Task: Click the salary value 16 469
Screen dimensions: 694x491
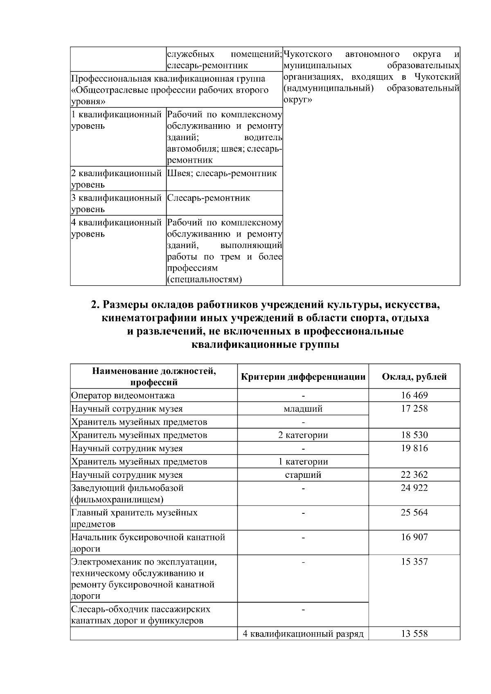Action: click(x=414, y=395)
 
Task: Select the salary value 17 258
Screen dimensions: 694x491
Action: click(x=414, y=408)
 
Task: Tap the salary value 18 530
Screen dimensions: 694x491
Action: click(x=414, y=435)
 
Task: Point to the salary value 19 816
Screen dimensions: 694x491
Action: click(x=414, y=448)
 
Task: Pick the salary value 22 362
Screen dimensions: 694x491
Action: click(x=414, y=475)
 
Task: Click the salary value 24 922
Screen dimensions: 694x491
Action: click(x=414, y=488)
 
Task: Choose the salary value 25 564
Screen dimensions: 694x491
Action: click(x=414, y=513)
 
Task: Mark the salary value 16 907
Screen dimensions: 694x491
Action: click(x=414, y=537)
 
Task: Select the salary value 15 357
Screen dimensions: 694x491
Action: click(x=414, y=562)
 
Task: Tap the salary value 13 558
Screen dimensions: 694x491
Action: click(x=414, y=634)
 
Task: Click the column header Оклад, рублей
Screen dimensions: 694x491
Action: click(x=414, y=377)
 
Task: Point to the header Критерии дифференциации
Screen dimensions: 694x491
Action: click(x=303, y=377)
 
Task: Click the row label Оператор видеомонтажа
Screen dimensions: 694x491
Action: click(x=123, y=396)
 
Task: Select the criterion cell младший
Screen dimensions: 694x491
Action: click(x=303, y=409)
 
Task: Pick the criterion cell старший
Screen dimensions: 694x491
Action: click(x=303, y=475)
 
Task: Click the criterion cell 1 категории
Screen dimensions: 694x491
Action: click(x=303, y=462)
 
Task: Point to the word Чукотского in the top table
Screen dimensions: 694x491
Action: click(x=308, y=54)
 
